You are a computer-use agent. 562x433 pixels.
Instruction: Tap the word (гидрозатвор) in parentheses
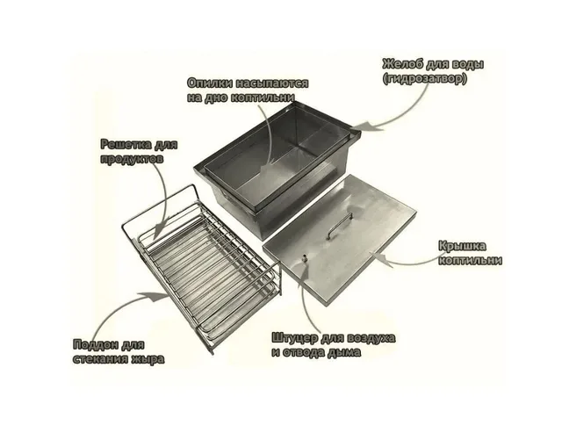coord(425,79)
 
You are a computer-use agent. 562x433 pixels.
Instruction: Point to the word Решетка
coord(126,144)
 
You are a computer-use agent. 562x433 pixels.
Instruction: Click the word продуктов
coord(132,158)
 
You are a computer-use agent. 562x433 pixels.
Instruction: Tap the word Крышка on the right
coord(463,246)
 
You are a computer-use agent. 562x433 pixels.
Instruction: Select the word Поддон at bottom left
coord(96,345)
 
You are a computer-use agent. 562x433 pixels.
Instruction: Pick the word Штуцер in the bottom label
coord(295,338)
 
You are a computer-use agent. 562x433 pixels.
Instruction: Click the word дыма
coord(344,352)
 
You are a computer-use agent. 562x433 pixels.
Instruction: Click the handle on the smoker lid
coord(340,225)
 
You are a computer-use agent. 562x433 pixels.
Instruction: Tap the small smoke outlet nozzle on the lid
coord(305,258)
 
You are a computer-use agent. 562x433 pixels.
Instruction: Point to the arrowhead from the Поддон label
coord(157,297)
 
